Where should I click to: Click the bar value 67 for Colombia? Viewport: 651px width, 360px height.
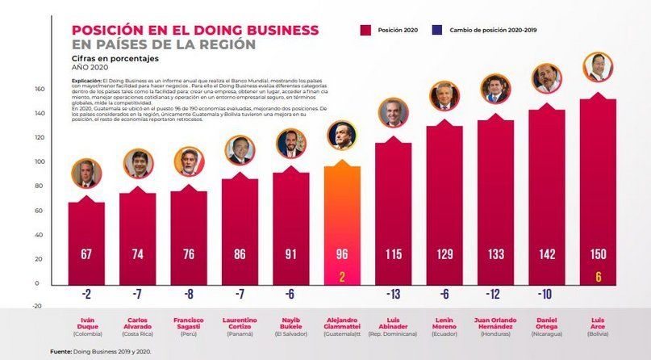coord(86,255)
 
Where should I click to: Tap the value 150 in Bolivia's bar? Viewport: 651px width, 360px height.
coord(597,255)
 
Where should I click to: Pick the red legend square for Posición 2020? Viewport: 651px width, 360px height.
coord(365,30)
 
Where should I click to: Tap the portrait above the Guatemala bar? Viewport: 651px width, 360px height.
coord(341,136)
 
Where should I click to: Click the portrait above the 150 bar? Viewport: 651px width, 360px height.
coord(597,67)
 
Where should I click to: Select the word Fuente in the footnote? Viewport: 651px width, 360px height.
coord(61,351)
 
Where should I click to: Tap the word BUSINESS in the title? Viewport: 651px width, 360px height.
coord(270,30)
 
